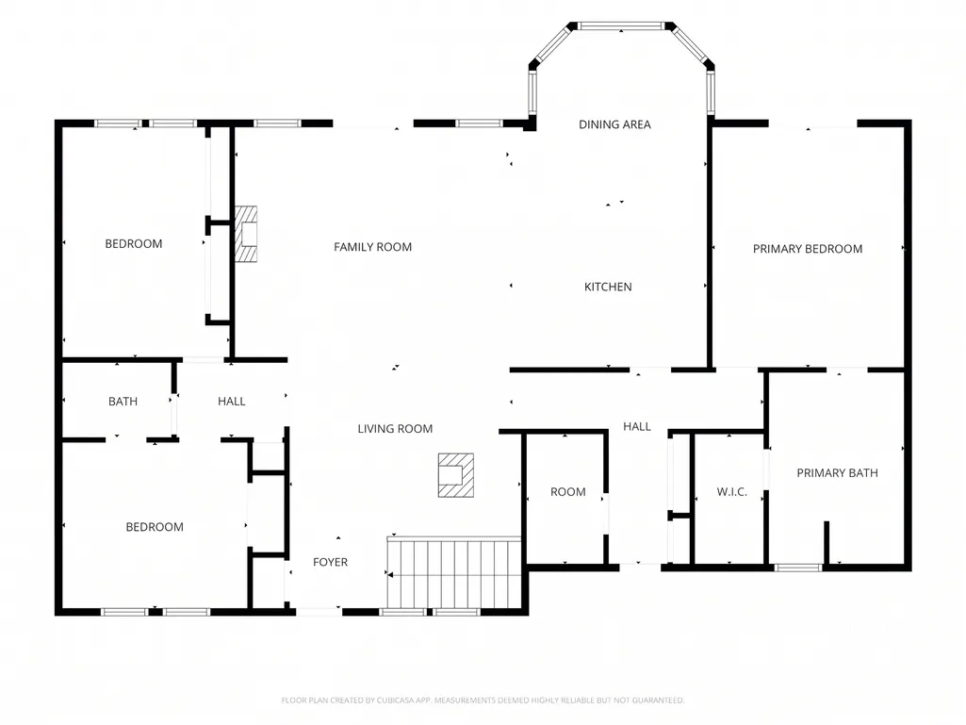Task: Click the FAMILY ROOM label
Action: (372, 247)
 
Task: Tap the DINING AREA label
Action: (614, 124)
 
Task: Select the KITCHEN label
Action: (608, 287)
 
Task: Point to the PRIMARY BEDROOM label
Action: (808, 249)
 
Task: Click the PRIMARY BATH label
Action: (837, 473)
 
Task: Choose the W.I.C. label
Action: (732, 492)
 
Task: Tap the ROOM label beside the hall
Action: (568, 492)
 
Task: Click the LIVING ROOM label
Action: (395, 428)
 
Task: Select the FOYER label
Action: (330, 562)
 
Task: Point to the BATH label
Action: (123, 402)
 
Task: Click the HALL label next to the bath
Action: (232, 402)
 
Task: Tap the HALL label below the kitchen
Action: (637, 427)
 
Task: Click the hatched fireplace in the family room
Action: (246, 235)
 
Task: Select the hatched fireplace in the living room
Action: (456, 475)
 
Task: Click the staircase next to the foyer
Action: (454, 573)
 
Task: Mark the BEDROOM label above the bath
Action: (134, 244)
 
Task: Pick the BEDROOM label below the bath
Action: (155, 527)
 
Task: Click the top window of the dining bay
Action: (621, 25)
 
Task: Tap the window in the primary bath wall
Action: (798, 568)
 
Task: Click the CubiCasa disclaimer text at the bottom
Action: (483, 700)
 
